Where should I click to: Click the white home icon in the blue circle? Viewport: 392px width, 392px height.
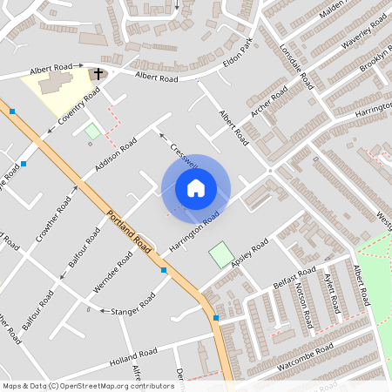point(195,188)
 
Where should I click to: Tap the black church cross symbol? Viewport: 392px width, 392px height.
point(98,73)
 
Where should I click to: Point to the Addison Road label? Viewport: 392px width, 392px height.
point(117,152)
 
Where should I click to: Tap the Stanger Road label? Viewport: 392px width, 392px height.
point(133,305)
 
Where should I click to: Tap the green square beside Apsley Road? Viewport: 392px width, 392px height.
point(221,255)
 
